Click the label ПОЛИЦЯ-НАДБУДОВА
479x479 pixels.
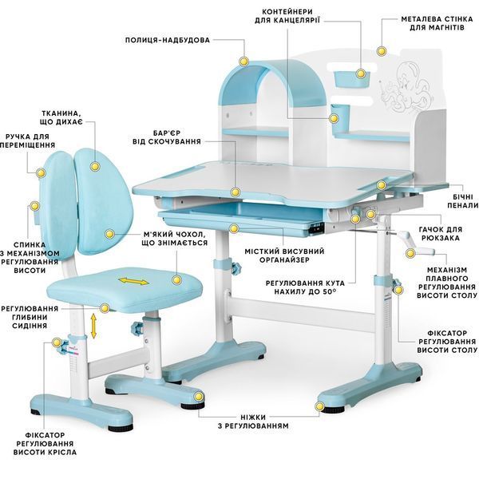pyautogui.click(x=168, y=41)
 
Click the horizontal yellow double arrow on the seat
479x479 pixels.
pyautogui.click(x=133, y=281)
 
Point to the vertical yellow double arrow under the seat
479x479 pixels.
pyautogui.click(x=93, y=327)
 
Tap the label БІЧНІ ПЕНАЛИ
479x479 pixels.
pyautogui.click(x=463, y=201)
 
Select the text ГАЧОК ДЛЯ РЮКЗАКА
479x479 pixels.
pyautogui.click(x=441, y=234)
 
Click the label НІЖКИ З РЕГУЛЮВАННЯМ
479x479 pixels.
pyautogui.click(x=253, y=422)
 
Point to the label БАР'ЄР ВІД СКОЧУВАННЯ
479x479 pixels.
pyautogui.click(x=167, y=137)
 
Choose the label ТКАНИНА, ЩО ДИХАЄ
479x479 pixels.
pyautogui.click(x=61, y=117)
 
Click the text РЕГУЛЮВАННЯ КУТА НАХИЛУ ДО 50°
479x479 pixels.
pyautogui.click(x=305, y=287)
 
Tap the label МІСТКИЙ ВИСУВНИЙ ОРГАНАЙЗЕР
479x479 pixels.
pyautogui.click(x=284, y=255)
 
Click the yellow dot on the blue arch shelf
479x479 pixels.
pyautogui.click(x=243, y=61)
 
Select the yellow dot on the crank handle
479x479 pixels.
pyautogui.click(x=410, y=253)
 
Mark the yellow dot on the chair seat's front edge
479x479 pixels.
pyautogui.click(x=105, y=308)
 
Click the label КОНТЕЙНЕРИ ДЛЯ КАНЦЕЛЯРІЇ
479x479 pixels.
pyautogui.click(x=287, y=16)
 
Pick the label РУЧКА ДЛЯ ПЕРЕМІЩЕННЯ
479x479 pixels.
pyautogui.click(x=27, y=141)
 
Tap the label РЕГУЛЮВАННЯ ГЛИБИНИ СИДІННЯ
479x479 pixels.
pyautogui.click(x=30, y=317)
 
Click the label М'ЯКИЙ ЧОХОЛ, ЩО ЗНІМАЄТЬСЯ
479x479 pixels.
pyautogui.click(x=174, y=239)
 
